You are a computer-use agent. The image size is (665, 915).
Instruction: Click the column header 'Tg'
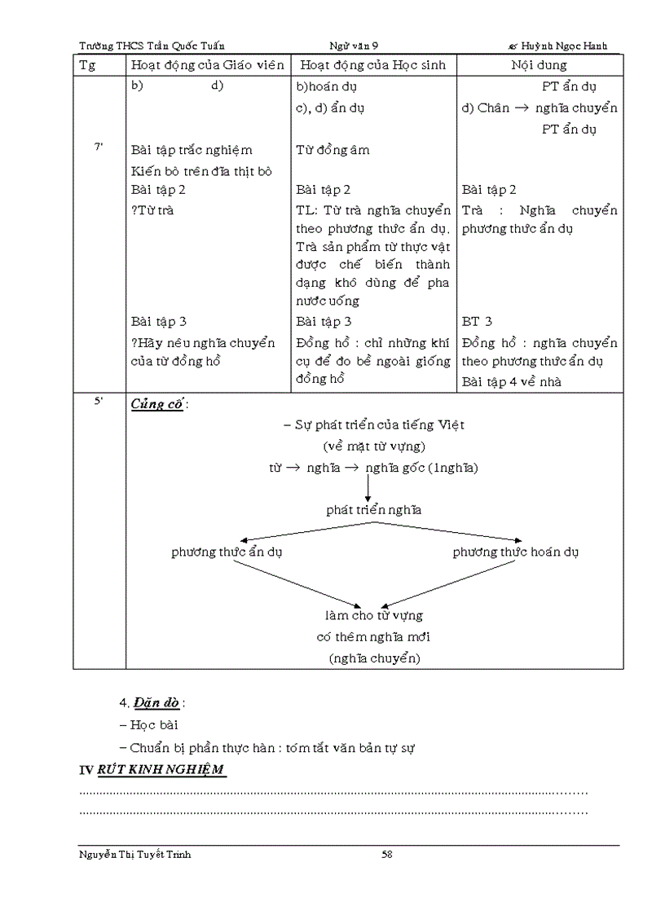[87, 65]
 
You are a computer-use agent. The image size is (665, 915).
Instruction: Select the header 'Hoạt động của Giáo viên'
[208, 65]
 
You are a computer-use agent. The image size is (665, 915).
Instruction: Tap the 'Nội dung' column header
[539, 65]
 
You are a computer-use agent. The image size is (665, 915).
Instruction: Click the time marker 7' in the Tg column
[99, 147]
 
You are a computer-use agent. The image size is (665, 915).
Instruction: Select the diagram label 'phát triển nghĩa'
[373, 510]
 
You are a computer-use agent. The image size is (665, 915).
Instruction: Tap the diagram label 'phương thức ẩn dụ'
[227, 552]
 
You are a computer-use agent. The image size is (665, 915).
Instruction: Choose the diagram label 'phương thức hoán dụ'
[516, 552]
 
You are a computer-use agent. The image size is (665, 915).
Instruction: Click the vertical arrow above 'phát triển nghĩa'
[368, 487]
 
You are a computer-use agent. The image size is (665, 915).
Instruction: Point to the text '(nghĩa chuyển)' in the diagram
[374, 657]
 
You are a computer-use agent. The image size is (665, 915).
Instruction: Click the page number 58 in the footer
[387, 854]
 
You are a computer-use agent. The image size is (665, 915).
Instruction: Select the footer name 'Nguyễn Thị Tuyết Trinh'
[135, 854]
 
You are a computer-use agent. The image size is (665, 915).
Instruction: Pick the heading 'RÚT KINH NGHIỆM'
[161, 770]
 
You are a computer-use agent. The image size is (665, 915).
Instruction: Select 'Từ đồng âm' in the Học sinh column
[332, 150]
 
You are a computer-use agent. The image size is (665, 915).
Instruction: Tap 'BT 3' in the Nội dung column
[477, 322]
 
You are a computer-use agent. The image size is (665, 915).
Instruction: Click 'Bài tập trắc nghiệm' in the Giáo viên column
[192, 150]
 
